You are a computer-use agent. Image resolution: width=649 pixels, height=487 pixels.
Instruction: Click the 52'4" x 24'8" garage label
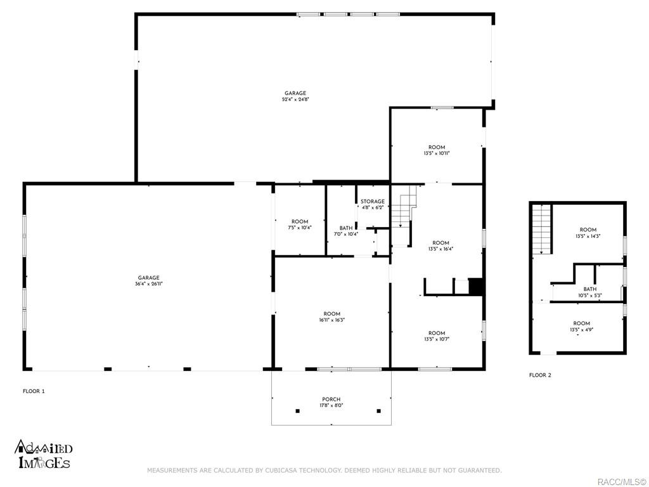(x=295, y=96)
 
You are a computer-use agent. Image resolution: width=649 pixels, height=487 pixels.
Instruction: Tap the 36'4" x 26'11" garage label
(x=149, y=281)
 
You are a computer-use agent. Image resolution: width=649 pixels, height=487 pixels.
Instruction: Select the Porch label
(x=331, y=403)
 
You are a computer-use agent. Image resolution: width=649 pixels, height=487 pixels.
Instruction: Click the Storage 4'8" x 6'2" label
(x=373, y=204)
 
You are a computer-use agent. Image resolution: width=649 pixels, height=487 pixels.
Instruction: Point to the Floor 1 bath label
(x=346, y=231)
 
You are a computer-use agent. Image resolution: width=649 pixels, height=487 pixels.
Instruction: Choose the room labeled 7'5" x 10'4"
(x=300, y=224)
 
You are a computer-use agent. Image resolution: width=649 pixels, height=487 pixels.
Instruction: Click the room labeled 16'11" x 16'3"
(x=332, y=317)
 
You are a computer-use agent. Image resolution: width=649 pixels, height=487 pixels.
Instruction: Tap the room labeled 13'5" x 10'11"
(x=437, y=150)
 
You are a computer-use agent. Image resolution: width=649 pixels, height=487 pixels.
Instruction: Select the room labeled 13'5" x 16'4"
(x=440, y=245)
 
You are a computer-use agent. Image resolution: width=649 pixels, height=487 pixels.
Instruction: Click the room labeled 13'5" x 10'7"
(x=437, y=336)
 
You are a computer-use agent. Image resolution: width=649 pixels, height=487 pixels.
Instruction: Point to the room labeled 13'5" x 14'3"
(x=588, y=233)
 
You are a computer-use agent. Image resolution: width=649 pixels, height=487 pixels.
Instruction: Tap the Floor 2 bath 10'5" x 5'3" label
(x=589, y=292)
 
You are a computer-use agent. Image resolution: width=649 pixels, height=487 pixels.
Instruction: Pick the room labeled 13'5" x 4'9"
(x=581, y=327)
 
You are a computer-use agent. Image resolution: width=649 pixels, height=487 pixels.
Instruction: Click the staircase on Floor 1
(x=404, y=209)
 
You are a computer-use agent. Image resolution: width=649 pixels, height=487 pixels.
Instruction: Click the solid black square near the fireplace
(x=476, y=287)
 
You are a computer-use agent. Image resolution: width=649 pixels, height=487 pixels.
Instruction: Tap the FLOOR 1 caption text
(x=34, y=391)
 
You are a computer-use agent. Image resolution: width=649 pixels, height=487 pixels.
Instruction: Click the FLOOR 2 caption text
(x=540, y=375)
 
